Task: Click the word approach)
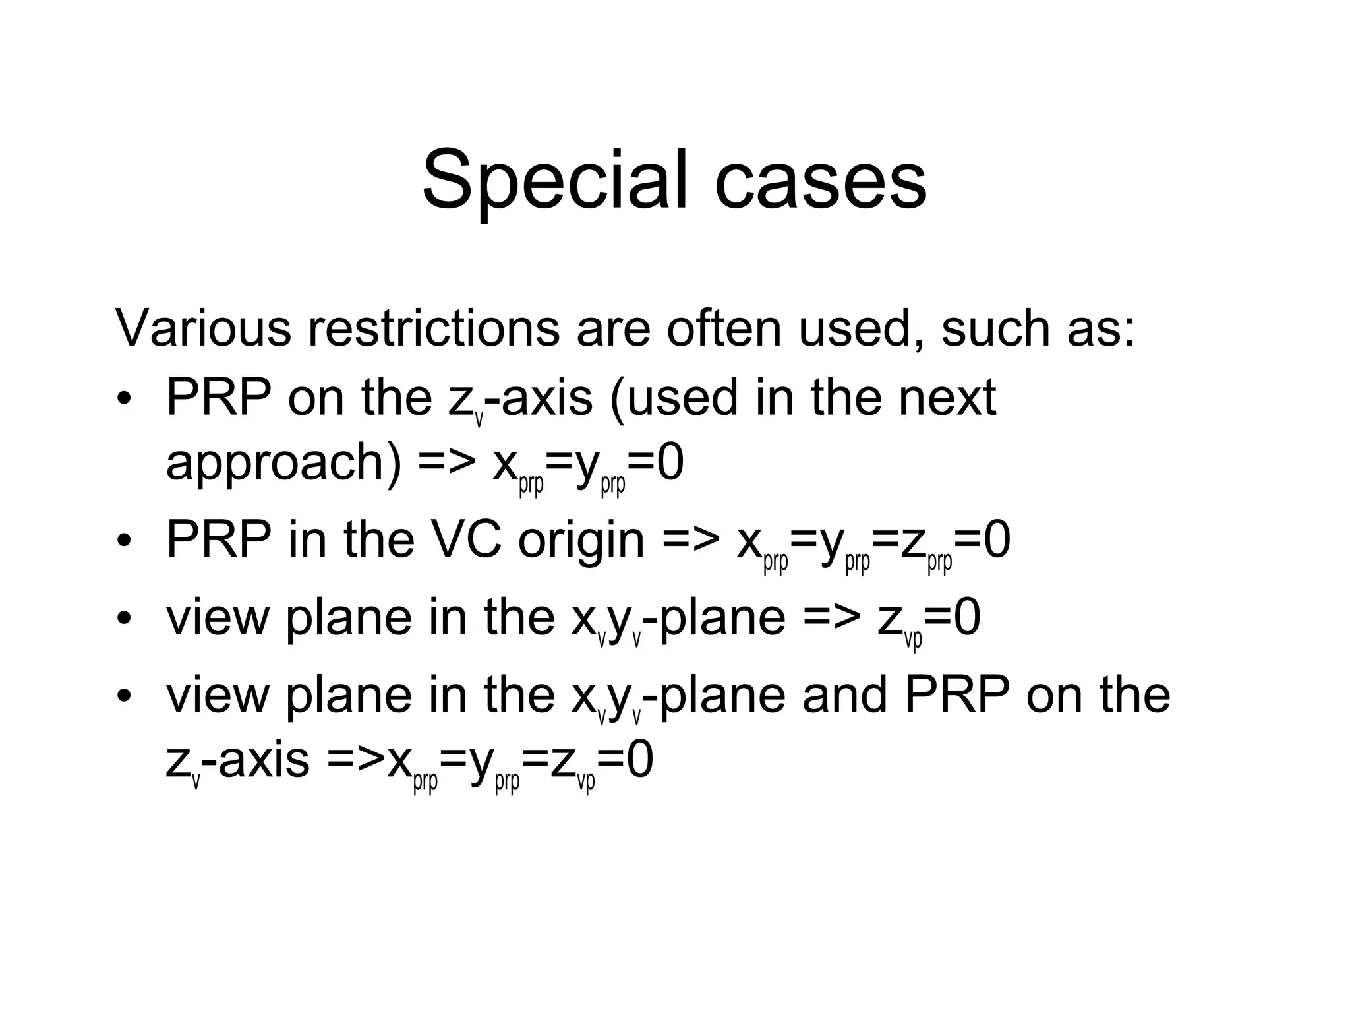point(283,464)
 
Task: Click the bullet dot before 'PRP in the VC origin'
point(123,542)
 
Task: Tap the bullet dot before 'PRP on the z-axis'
point(123,400)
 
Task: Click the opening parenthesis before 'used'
point(617,399)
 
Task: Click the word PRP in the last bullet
point(956,695)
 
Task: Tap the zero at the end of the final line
point(639,760)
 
